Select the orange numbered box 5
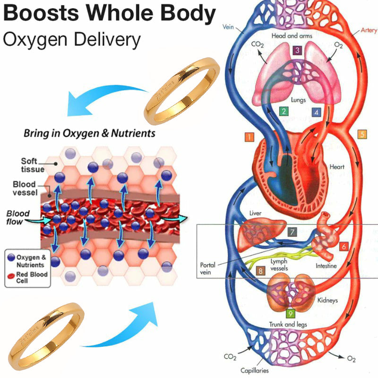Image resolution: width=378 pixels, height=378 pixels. (362, 134)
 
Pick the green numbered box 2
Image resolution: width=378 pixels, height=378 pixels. (283, 112)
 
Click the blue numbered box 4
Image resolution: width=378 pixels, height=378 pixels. (317, 112)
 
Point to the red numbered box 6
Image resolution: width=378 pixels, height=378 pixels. (344, 246)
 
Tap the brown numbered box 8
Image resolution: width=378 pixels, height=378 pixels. (260, 271)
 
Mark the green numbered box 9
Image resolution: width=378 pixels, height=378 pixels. (290, 312)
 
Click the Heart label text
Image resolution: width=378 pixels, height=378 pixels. (337, 167)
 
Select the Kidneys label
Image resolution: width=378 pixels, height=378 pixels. (327, 300)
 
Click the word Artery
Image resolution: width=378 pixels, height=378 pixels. (369, 30)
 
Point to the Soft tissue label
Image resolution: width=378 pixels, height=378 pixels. (33, 165)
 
